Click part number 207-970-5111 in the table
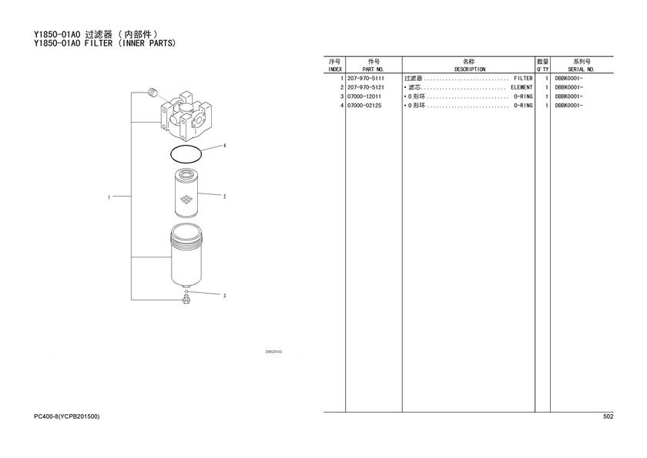point(366,79)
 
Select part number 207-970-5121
point(366,88)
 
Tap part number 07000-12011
point(364,96)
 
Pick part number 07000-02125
point(364,106)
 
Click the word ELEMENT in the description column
point(521,88)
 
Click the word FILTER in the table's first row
point(523,79)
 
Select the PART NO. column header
point(374,69)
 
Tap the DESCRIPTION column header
point(470,69)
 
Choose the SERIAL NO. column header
point(581,69)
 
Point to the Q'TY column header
point(542,69)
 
